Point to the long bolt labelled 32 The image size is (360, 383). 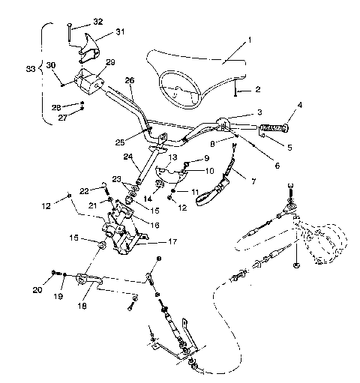coord(67,32)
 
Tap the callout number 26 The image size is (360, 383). coord(129,80)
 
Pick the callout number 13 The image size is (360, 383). coord(172,157)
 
